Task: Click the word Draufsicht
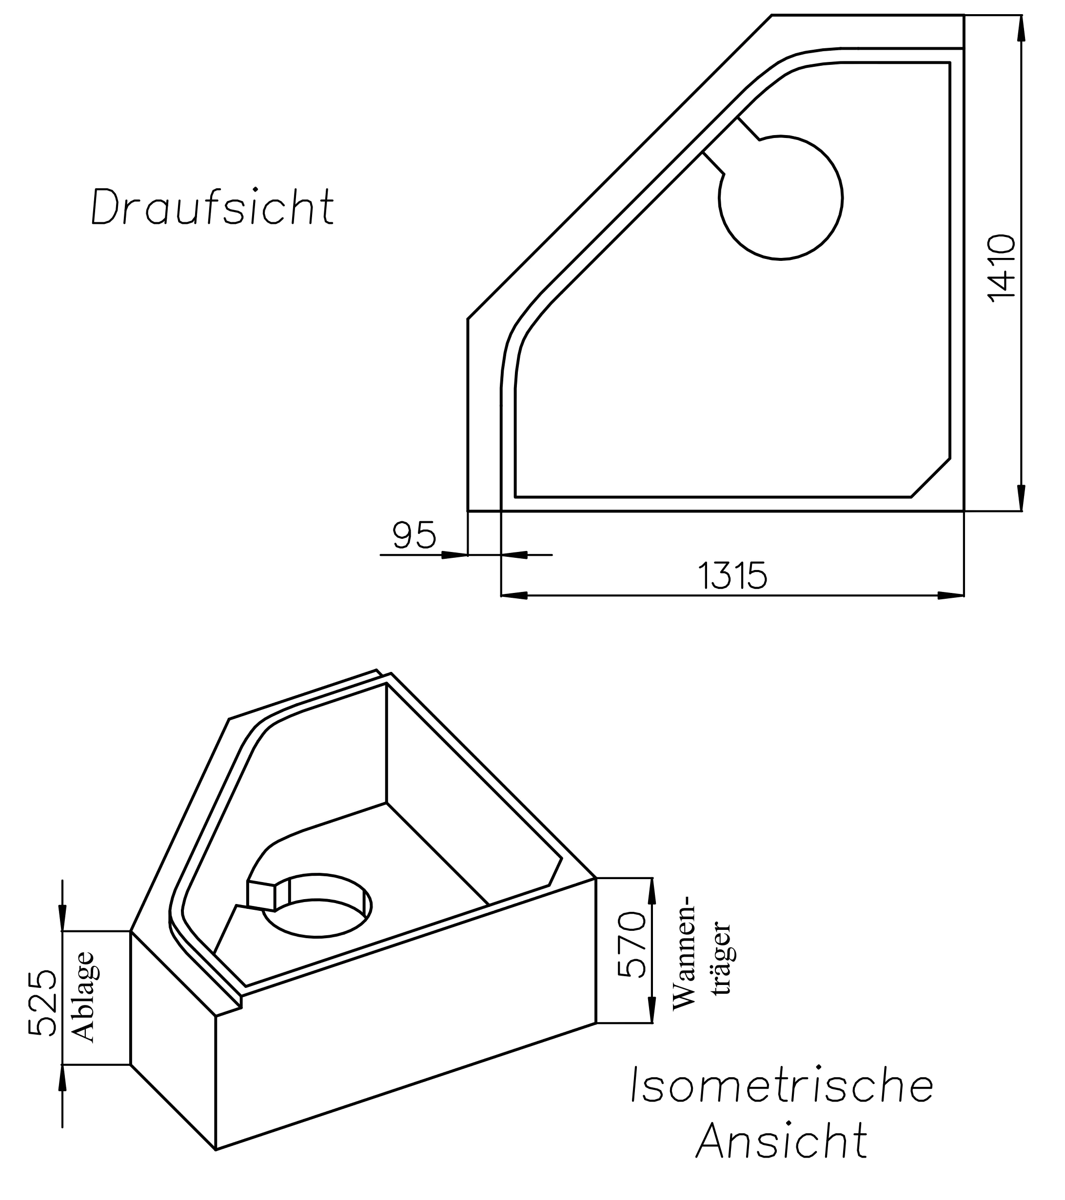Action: pos(213,207)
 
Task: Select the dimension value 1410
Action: pos(1002,268)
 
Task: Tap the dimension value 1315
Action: pos(733,576)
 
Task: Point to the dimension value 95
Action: pos(414,535)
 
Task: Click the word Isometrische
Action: pos(781,1085)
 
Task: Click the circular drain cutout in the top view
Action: pos(781,198)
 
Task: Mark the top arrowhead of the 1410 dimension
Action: pos(1021,27)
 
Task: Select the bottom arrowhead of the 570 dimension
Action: pos(651,1011)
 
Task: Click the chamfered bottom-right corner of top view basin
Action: pos(930,477)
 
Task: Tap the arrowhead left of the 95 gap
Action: pos(454,554)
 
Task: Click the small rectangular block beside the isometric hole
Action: pos(262,895)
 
